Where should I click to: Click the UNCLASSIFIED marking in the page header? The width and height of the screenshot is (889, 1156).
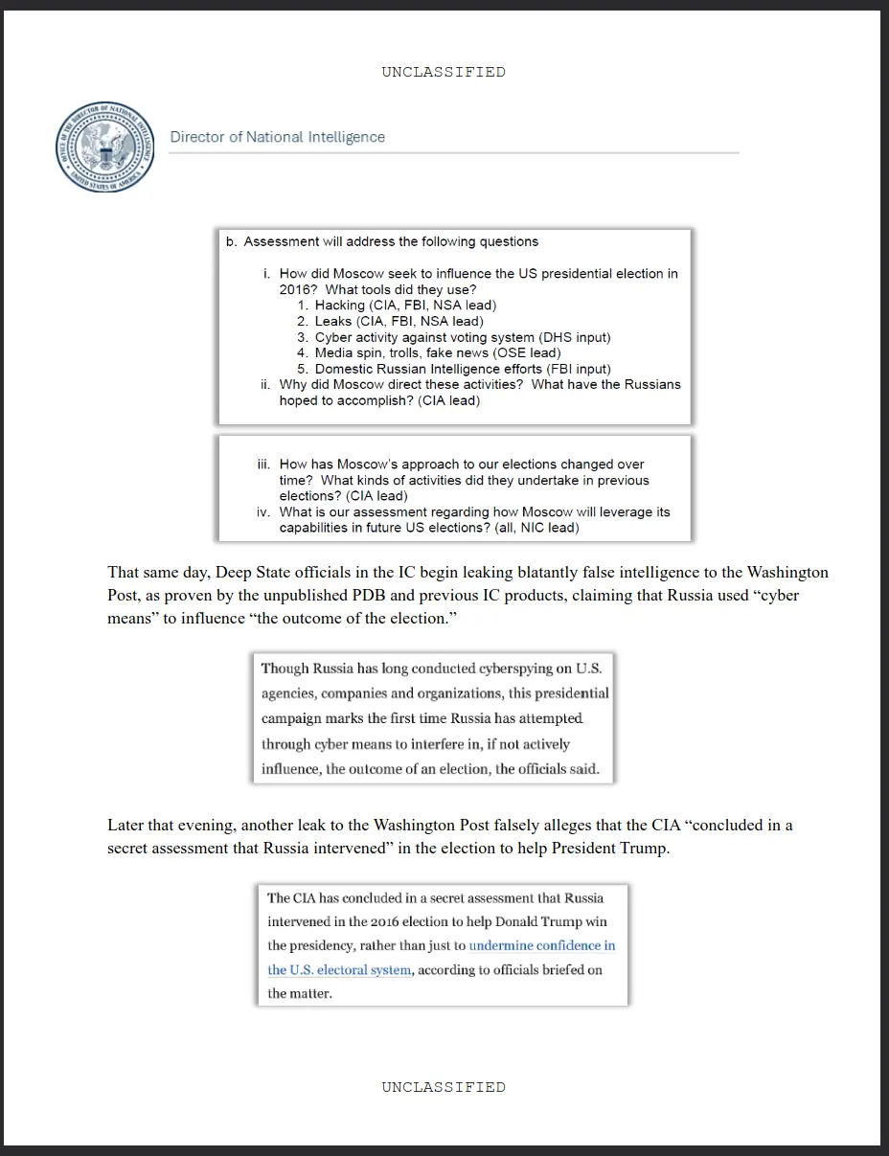click(x=444, y=72)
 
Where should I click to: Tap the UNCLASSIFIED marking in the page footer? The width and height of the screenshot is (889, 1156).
click(x=444, y=1087)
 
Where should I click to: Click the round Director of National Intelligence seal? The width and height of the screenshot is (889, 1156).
click(x=105, y=146)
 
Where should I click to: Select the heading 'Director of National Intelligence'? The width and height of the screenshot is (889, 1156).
click(x=278, y=137)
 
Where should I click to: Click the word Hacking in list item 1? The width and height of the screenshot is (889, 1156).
click(x=340, y=306)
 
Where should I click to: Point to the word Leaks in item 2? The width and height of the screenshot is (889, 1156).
click(x=333, y=321)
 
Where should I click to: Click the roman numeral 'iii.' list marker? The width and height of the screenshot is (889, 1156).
click(x=263, y=465)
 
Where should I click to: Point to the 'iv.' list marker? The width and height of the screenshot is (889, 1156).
click(x=263, y=512)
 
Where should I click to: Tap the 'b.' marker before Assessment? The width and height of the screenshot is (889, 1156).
click(x=232, y=242)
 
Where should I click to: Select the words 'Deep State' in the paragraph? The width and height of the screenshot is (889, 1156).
click(x=252, y=573)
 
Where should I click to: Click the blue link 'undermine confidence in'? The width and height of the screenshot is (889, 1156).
click(x=542, y=946)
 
